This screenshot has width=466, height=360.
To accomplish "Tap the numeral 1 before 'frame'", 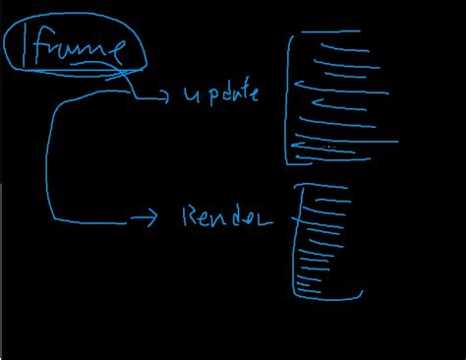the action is pos(26,47).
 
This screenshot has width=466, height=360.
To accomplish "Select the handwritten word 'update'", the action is pos(221,95).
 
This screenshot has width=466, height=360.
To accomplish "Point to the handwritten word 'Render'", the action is pos(227,216).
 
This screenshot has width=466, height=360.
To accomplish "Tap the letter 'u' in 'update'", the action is pos(189,96).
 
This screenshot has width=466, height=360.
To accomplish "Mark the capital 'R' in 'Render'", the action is pos(191,216).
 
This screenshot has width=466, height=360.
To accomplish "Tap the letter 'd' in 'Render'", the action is pos(241,216).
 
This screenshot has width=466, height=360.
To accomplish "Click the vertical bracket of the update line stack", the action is pos(289,98).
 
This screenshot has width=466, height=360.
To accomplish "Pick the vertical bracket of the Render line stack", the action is pos(295,241).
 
